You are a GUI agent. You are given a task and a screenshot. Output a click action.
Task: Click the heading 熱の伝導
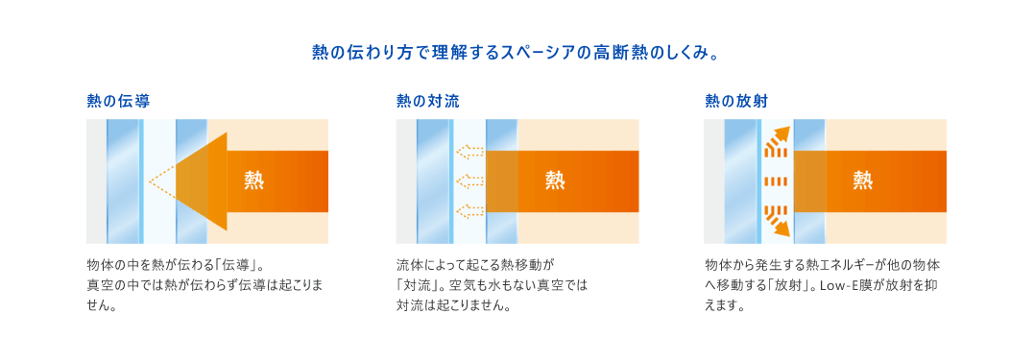click(117, 100)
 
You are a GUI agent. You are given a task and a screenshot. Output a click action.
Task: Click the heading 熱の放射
click(735, 100)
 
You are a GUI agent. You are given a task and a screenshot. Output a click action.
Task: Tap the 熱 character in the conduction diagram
click(254, 180)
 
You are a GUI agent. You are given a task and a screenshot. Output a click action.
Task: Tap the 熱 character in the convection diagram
click(555, 180)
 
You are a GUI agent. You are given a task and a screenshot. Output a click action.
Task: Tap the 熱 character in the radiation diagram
click(863, 180)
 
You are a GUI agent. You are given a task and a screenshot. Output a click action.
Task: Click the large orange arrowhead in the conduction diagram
click(203, 181)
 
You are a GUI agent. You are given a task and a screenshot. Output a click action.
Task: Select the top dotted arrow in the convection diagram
click(469, 151)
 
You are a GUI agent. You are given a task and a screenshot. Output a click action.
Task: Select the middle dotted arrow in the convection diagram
click(469, 181)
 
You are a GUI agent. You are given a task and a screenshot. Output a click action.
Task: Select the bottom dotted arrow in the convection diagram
click(469, 210)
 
